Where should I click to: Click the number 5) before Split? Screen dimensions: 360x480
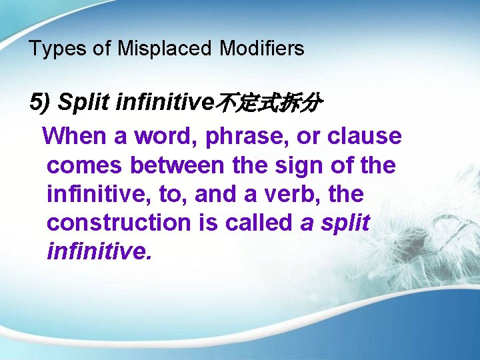coord(40,103)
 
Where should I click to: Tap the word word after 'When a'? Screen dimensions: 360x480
coord(165,136)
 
